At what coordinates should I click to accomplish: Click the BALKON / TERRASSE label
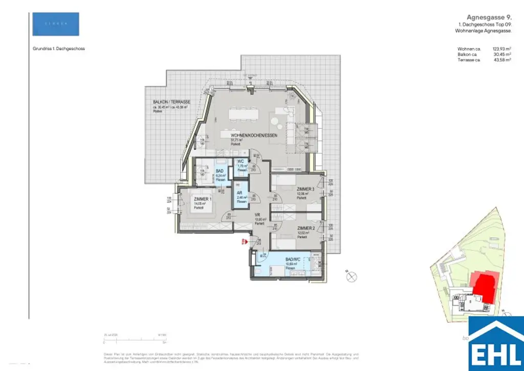(x=171, y=102)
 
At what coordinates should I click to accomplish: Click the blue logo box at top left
(x=55, y=24)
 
